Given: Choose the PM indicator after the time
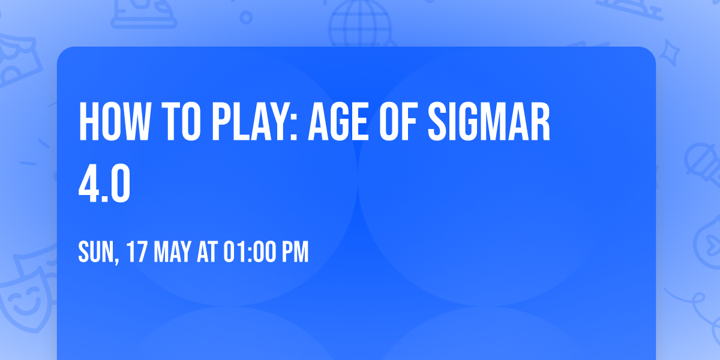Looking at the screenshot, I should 295,253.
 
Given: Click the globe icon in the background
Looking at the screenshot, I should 359,24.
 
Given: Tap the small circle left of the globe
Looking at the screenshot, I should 245,17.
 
